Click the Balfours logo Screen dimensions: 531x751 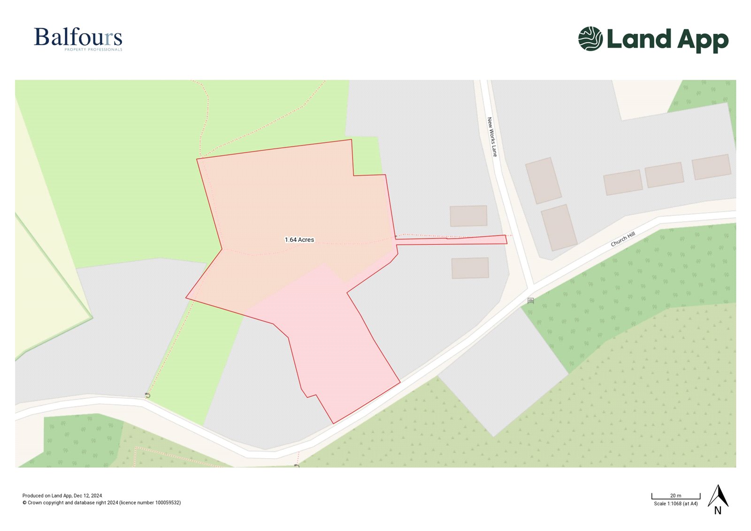coord(78,38)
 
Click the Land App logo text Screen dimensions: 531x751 coord(667,40)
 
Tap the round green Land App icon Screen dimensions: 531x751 coord(590,38)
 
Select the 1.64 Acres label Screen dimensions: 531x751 coord(299,240)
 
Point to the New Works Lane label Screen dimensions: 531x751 coord(491,137)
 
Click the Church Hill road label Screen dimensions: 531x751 coord(623,239)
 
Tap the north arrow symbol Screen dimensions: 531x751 coord(718,496)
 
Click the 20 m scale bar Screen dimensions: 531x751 coord(675,497)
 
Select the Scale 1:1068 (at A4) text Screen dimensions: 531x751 coord(675,504)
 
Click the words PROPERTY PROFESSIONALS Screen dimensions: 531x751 coord(93,50)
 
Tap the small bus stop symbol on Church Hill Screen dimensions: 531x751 coord(530,300)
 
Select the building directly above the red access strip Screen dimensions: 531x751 coord(468,216)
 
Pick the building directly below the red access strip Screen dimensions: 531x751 coord(470,268)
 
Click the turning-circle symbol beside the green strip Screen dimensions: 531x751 coord(148,395)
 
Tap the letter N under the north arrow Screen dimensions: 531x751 coord(718,511)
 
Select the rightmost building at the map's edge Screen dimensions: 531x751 coord(711,167)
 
